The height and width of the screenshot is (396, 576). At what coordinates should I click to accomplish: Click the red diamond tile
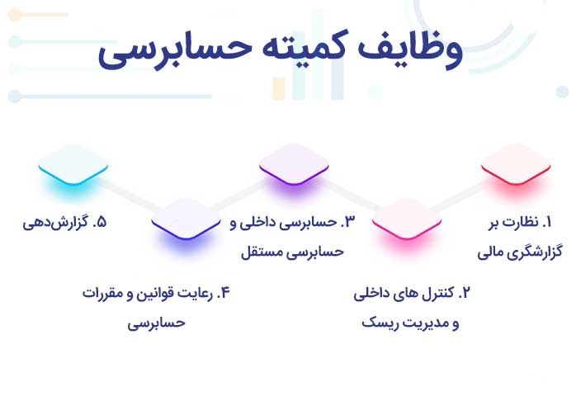[516, 164]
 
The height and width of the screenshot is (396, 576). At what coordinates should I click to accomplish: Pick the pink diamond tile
[407, 219]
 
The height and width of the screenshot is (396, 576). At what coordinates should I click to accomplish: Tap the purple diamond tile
[294, 164]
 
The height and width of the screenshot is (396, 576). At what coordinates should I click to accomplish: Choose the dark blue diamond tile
[186, 219]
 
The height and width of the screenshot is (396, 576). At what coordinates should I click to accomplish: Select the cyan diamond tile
[73, 164]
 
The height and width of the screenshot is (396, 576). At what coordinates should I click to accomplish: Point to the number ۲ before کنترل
[465, 293]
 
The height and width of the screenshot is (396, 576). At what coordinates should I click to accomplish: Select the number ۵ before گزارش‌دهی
[100, 222]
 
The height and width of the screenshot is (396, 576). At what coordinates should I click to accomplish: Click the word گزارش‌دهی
[55, 223]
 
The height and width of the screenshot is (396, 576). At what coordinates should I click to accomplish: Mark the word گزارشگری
[536, 252]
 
